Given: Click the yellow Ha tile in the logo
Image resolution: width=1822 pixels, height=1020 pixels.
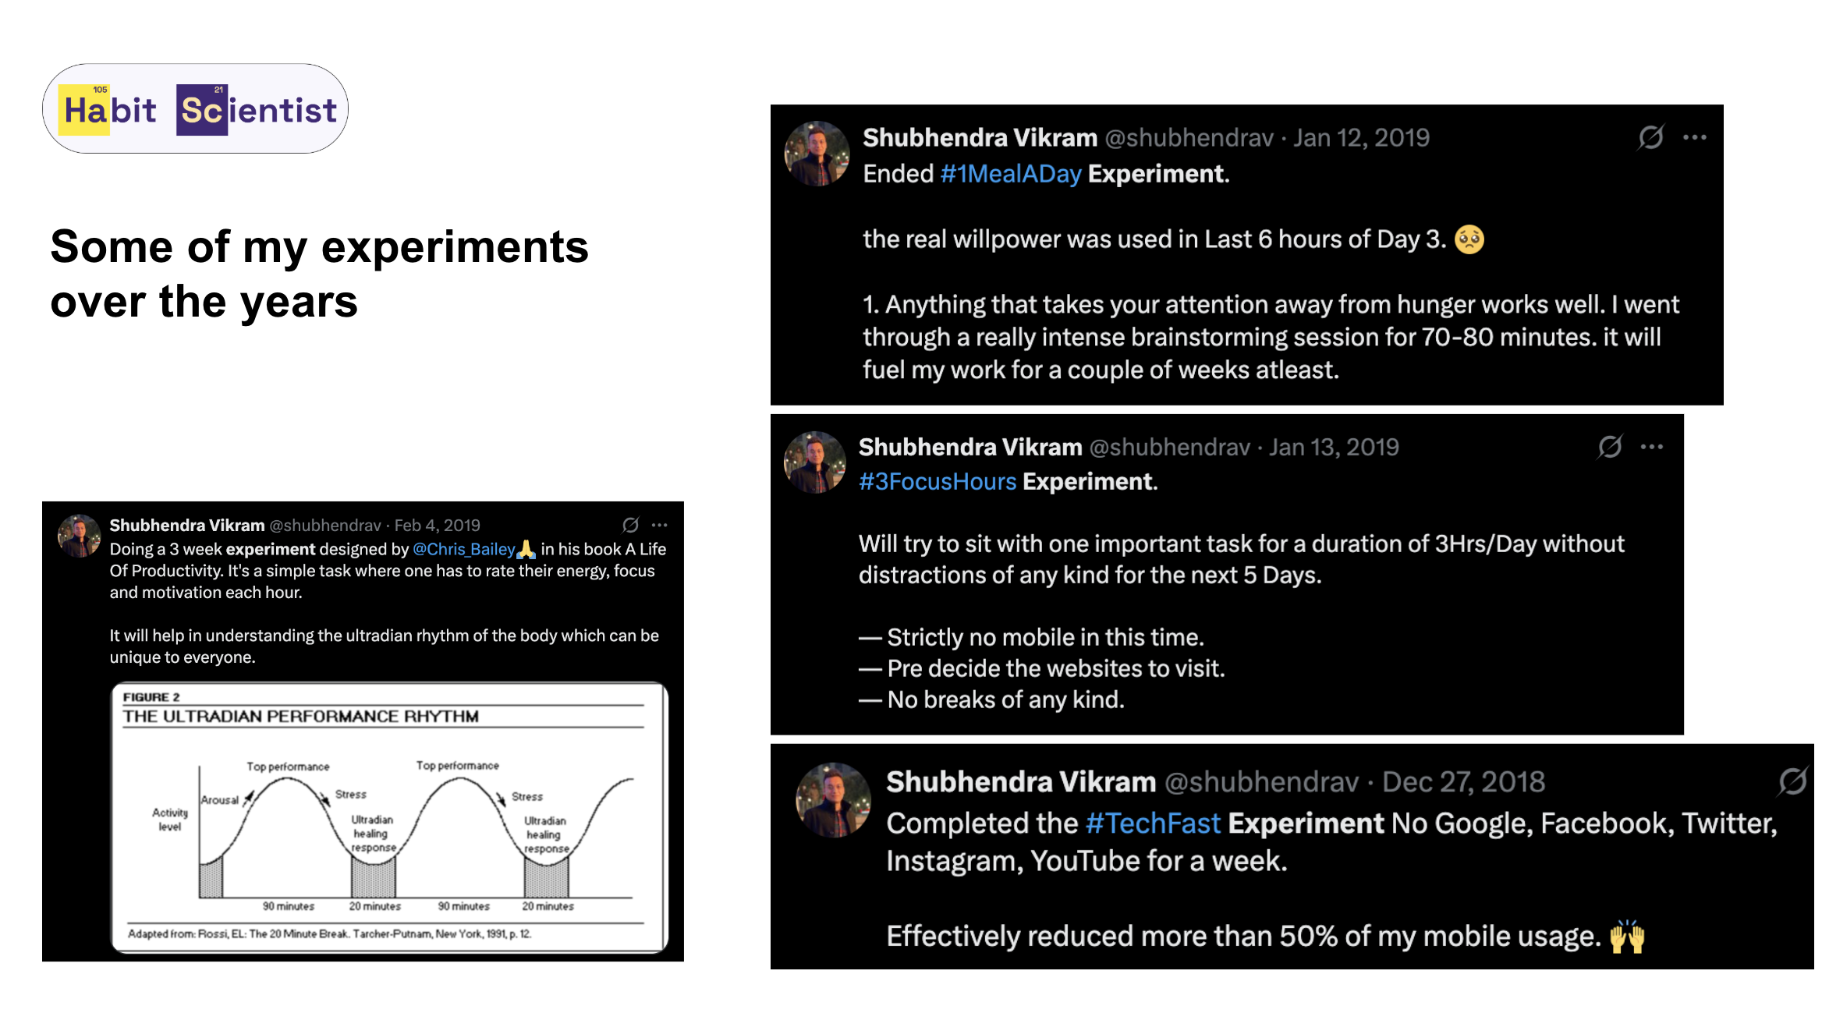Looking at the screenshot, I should pyautogui.click(x=84, y=110).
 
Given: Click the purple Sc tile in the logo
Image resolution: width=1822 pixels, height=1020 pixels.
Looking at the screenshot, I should pyautogui.click(x=202, y=110).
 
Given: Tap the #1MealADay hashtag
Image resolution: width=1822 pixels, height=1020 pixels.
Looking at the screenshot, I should pyautogui.click(x=1011, y=174).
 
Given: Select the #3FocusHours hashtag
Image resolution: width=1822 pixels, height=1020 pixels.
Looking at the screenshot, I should pyautogui.click(x=938, y=482).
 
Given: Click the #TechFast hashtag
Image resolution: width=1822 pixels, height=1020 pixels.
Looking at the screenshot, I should pyautogui.click(x=1153, y=823).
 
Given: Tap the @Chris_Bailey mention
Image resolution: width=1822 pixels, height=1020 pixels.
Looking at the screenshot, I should pyautogui.click(x=464, y=549).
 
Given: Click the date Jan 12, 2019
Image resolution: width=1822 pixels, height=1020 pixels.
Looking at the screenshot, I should pyautogui.click(x=1361, y=138).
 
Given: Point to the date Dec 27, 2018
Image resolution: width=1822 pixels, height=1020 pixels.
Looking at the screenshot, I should pyautogui.click(x=1463, y=781).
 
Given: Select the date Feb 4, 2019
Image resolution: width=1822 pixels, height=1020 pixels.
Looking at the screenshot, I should pyautogui.click(x=437, y=526).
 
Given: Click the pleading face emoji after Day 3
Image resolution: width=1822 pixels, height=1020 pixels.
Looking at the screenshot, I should pyautogui.click(x=1469, y=239).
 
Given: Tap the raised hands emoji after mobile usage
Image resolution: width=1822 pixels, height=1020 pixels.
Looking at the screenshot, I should pyautogui.click(x=1627, y=936).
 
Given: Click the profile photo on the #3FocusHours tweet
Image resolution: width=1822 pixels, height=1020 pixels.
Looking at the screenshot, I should pyautogui.click(x=815, y=462).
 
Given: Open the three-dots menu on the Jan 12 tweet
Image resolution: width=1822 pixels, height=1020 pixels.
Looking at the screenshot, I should pyautogui.click(x=1694, y=138).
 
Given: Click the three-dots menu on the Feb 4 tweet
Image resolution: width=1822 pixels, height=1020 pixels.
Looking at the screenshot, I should pyautogui.click(x=659, y=526).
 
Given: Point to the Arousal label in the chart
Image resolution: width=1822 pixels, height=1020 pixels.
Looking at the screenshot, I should pyautogui.click(x=220, y=800).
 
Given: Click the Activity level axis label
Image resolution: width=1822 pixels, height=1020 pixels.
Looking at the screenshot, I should pyautogui.click(x=170, y=819).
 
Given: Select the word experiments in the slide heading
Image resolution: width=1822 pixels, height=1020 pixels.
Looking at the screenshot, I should pyautogui.click(x=455, y=247).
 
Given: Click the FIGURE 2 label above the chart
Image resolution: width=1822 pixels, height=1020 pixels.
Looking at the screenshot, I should pyautogui.click(x=151, y=697).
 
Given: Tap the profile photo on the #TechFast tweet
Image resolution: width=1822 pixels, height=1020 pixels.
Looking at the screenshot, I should pyautogui.click(x=833, y=800).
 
